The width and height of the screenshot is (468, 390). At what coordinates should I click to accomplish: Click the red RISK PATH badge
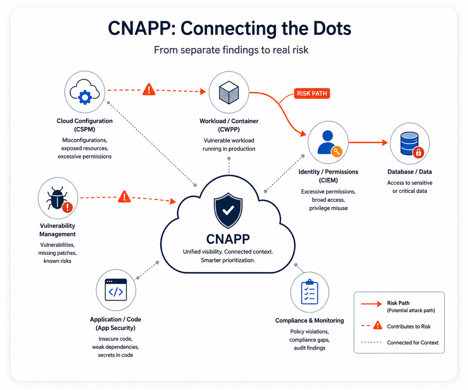coord(312,93)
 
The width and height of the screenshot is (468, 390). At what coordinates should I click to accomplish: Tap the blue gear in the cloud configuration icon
coord(85,97)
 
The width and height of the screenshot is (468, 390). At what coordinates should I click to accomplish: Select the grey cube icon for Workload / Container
coord(229,93)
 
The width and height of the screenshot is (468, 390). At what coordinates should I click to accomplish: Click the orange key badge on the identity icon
coord(337,151)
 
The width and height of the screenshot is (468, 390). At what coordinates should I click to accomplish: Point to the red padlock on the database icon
coord(418,152)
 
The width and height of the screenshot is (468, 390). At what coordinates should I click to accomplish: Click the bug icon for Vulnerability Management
coord(57,198)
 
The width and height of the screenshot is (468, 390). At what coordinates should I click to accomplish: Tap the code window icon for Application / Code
coord(116,290)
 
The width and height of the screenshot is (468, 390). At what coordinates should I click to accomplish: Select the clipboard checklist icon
coord(310,292)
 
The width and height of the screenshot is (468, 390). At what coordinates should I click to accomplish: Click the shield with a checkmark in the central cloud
coord(228,210)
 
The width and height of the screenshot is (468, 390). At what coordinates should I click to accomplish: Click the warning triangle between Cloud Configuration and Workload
coord(149,90)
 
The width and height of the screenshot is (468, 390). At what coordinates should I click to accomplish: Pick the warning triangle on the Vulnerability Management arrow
coord(124,197)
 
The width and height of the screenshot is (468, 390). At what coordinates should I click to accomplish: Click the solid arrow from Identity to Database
coord(368,142)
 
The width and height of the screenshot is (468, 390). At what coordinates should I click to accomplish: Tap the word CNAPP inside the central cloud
coord(228,239)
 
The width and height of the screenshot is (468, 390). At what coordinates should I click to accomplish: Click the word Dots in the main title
coord(332,29)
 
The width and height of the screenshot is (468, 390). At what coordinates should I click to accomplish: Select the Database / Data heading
coord(409,172)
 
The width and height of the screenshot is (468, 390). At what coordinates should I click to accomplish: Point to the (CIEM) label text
coord(328,180)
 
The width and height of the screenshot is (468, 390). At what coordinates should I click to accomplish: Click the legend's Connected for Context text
coord(413,343)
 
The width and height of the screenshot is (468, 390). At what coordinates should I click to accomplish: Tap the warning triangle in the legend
coord(378,325)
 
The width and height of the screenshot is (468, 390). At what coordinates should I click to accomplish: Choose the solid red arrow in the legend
coord(372,304)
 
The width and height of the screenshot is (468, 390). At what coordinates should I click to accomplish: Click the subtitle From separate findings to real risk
coord(231,50)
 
